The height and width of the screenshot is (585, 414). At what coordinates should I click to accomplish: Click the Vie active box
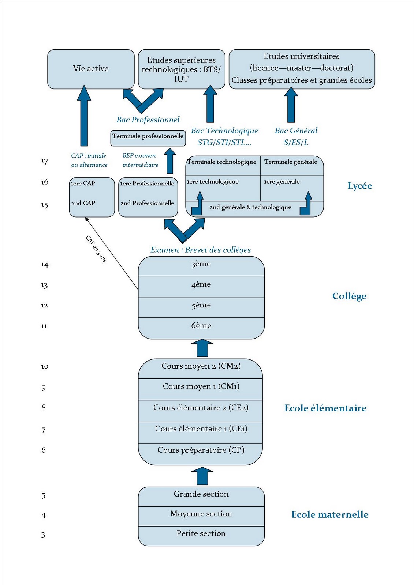[x=91, y=69]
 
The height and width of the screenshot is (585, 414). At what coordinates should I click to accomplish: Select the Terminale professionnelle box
[x=148, y=136]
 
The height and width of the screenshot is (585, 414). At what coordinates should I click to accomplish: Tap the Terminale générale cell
[x=291, y=162]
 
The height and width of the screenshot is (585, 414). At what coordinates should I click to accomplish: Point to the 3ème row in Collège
[x=201, y=264]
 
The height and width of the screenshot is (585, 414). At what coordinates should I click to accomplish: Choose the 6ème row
[x=201, y=326]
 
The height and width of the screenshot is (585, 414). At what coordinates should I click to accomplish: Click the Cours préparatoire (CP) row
[x=201, y=450]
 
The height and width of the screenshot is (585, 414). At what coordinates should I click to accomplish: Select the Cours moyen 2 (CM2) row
[x=201, y=366]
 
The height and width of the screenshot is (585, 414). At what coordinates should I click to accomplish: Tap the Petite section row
[x=201, y=534]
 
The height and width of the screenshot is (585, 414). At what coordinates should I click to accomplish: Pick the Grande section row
[x=201, y=494]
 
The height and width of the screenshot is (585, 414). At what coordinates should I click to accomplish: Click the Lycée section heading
[x=360, y=186]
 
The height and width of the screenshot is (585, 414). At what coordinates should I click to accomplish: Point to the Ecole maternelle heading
[x=330, y=515]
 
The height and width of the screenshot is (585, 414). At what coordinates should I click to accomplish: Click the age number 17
[x=45, y=161]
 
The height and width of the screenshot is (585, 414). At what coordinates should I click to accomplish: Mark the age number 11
[x=44, y=326]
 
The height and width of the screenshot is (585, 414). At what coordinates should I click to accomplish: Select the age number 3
[x=43, y=535]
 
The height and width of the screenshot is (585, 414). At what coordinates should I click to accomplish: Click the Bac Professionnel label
[x=148, y=120]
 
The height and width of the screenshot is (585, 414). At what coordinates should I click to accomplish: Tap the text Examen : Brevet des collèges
[x=201, y=250]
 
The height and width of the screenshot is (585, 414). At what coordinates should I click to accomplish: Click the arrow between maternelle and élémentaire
[x=202, y=476]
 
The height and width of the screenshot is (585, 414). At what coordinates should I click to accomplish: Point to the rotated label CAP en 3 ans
[x=96, y=249]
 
